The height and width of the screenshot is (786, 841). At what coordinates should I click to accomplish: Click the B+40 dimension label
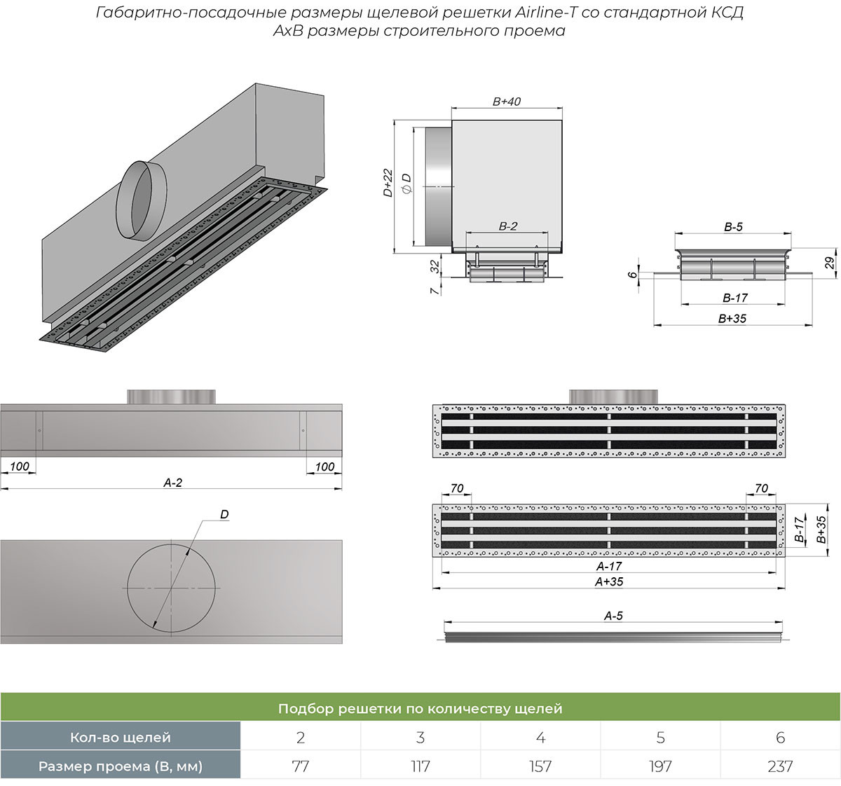pyautogui.click(x=506, y=102)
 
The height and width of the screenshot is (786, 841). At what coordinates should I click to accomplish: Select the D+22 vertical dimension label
pyautogui.click(x=388, y=183)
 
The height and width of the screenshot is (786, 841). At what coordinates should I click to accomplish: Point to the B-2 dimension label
pyautogui.click(x=507, y=226)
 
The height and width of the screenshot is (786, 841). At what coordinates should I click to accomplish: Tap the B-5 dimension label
pyautogui.click(x=733, y=227)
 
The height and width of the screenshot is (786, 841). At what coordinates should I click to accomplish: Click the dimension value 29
pyautogui.click(x=830, y=264)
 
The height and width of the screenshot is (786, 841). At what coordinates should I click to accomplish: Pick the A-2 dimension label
pyautogui.click(x=172, y=483)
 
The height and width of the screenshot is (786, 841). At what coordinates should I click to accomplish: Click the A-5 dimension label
pyautogui.click(x=613, y=616)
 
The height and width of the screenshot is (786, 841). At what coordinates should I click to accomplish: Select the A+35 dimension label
pyautogui.click(x=609, y=581)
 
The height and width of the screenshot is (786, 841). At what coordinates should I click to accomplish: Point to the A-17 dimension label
pyautogui.click(x=609, y=566)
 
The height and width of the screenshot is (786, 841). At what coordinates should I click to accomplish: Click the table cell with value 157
pyautogui.click(x=540, y=766)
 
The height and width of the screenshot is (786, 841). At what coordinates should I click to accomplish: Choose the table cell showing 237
pyautogui.click(x=780, y=766)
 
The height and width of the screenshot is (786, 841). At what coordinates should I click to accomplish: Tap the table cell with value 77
pyautogui.click(x=300, y=766)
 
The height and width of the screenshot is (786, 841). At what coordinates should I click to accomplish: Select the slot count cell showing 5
pyautogui.click(x=660, y=737)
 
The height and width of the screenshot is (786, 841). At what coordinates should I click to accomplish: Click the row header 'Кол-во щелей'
pyautogui.click(x=120, y=737)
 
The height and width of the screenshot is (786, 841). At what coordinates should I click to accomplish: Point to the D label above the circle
pyautogui.click(x=224, y=514)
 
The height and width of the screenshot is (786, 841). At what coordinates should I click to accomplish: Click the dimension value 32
pyautogui.click(x=435, y=266)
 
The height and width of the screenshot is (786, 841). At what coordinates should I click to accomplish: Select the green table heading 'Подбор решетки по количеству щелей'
pyautogui.click(x=420, y=708)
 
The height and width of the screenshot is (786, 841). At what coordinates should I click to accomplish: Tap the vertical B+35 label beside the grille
pyautogui.click(x=821, y=530)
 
